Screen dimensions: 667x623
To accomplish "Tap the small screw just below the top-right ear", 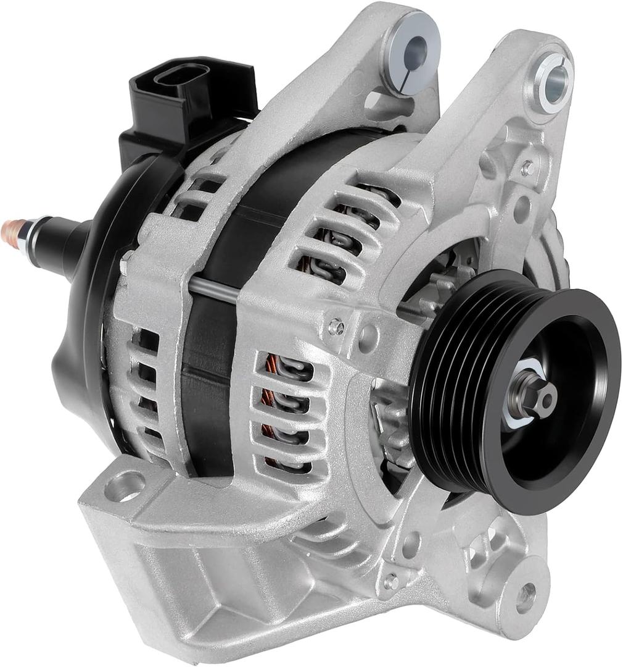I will [527, 167].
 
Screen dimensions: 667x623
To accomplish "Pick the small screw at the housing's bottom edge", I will [390, 581].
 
